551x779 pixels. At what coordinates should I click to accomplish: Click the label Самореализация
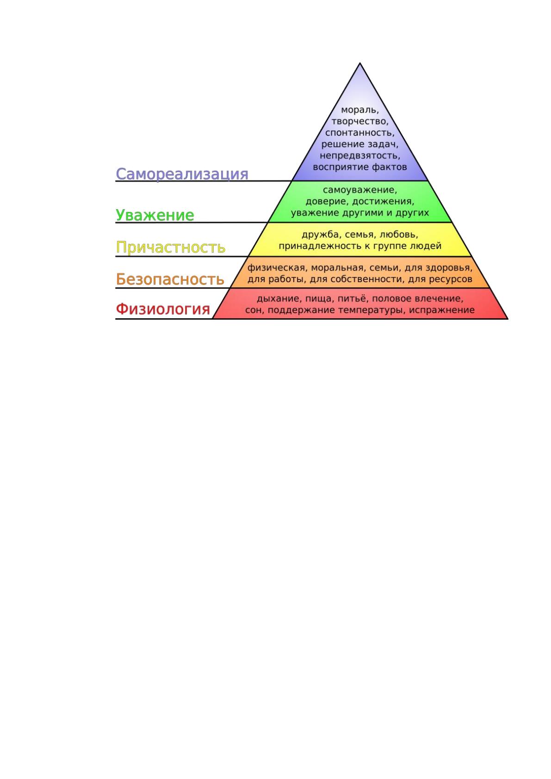(182, 174)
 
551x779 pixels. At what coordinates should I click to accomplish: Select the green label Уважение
(155, 216)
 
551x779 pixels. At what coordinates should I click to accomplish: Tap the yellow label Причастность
(170, 247)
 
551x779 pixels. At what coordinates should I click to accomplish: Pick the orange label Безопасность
(170, 279)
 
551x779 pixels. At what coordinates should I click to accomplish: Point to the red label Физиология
(163, 309)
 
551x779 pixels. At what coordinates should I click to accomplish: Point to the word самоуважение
(359, 190)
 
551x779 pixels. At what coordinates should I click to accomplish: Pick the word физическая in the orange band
(276, 268)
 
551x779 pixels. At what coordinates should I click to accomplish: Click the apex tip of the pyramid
(359, 63)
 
